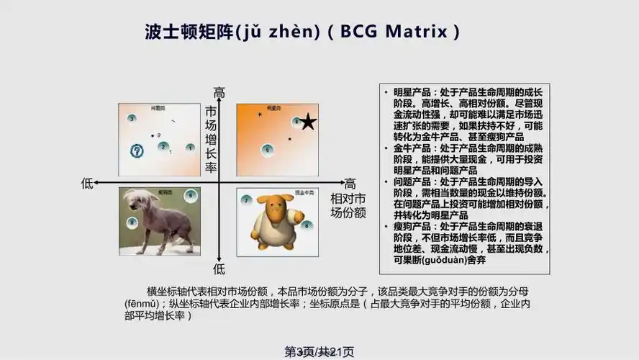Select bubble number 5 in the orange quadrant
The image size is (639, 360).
(x=267, y=150)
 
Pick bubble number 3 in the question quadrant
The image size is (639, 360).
(x=132, y=118)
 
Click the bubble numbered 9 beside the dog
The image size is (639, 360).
(x=190, y=195)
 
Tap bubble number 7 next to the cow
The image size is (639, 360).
(x=246, y=199)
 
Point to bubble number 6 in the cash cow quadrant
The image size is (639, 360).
(x=307, y=225)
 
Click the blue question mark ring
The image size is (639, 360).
(x=137, y=150)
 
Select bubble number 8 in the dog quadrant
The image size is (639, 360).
(x=132, y=223)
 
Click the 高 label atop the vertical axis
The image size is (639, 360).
(x=219, y=93)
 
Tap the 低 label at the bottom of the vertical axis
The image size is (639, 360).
(x=219, y=269)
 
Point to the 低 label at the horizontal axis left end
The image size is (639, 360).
(x=88, y=184)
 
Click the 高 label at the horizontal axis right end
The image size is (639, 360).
(x=350, y=184)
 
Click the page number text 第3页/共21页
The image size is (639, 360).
(x=319, y=351)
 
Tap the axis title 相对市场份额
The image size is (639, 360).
(x=348, y=206)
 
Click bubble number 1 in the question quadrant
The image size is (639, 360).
(x=190, y=148)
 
